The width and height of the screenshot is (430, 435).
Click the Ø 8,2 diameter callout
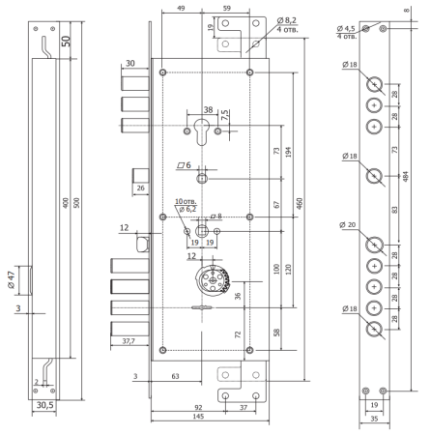coord(287,20)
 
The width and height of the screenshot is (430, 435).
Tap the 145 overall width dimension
coord(198,417)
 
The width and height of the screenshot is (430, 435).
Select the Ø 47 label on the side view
coord(12,280)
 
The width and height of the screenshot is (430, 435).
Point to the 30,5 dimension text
coord(44,405)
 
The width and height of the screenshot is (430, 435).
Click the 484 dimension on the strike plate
coord(406,176)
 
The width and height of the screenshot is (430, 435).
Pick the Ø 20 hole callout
coord(348,224)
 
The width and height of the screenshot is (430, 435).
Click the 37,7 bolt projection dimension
coord(129,341)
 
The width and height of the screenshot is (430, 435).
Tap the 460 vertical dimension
coord(300,204)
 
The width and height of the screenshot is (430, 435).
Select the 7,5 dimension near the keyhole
coord(225,115)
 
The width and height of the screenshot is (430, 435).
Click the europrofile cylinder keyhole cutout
coord(202,131)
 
